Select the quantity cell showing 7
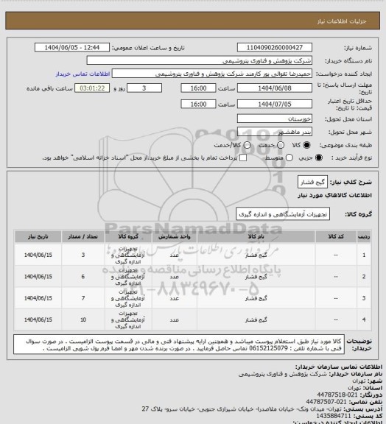(83, 298)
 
